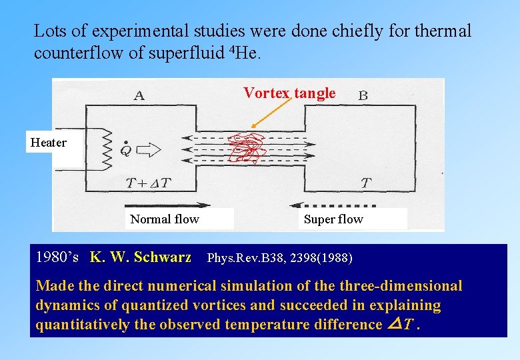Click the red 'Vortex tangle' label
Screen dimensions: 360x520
289,93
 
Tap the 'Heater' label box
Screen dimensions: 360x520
49,142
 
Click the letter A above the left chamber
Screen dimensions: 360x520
139,95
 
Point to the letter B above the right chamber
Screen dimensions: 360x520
363,96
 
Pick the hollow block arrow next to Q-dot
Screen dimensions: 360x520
151,150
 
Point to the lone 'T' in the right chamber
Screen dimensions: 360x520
365,182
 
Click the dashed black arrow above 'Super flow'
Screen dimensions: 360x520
333,205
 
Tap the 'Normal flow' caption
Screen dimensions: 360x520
165,219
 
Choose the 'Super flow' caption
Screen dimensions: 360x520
333,219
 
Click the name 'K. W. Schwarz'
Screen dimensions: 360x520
141,257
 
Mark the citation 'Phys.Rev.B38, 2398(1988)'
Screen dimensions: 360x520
280,257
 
